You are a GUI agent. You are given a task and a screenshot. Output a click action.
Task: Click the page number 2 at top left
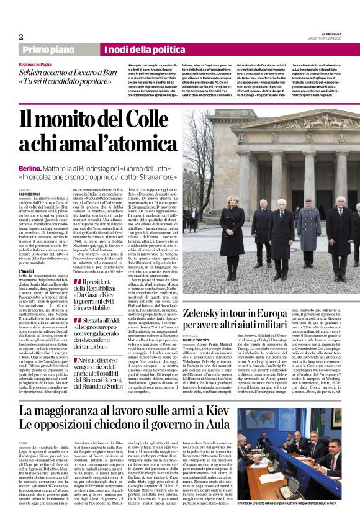tap(20, 37)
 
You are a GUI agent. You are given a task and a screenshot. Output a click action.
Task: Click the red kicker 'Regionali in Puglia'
tap(36, 64)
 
